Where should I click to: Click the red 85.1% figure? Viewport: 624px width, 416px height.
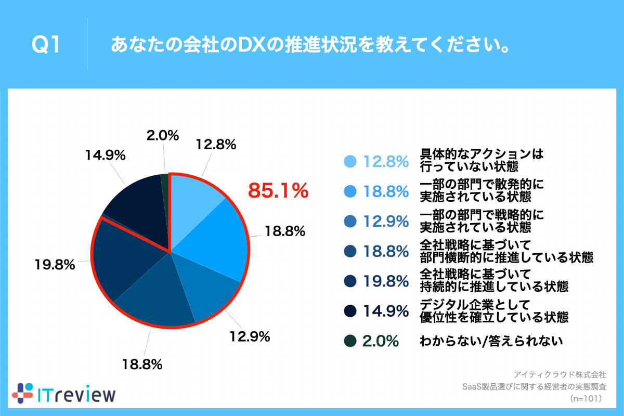pyautogui.click(x=278, y=191)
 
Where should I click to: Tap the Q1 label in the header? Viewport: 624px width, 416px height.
pyautogui.click(x=46, y=46)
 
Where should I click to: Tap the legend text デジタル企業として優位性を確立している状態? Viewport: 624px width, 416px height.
pyautogui.click(x=493, y=310)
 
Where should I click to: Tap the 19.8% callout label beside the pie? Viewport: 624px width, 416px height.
pyautogui.click(x=55, y=265)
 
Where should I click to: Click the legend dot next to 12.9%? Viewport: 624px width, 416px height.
pyautogui.click(x=350, y=222)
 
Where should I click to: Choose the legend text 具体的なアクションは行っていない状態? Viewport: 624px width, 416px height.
pyautogui.click(x=480, y=161)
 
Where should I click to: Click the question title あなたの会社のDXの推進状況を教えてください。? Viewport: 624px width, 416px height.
pyautogui.click(x=309, y=46)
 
